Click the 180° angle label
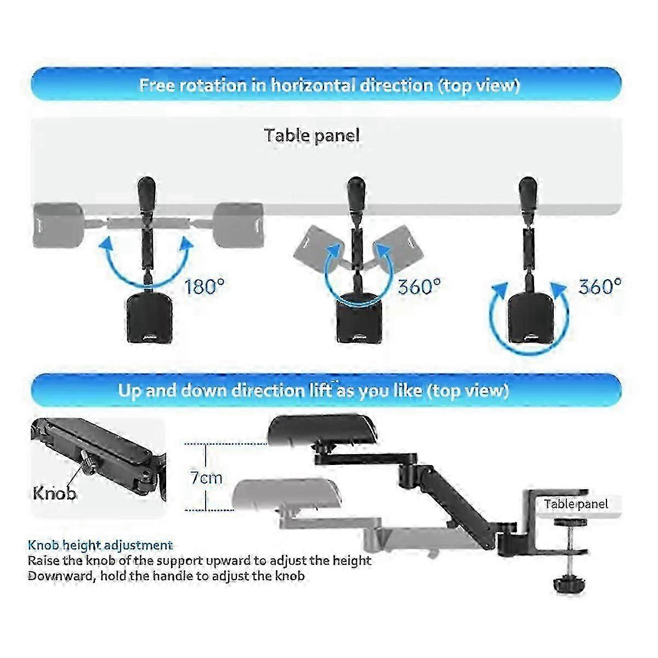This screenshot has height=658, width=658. point(204,286)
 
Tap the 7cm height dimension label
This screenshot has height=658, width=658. point(206,478)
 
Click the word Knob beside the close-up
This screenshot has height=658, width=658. point(54,493)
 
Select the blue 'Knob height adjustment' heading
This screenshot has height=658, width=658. point(100,545)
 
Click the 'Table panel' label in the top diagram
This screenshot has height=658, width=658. point(312,135)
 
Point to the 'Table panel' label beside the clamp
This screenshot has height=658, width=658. point(576,504)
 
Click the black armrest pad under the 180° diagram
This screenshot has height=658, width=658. point(149,317)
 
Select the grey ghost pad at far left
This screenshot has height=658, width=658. point(59,225)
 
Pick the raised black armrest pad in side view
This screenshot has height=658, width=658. point(322,429)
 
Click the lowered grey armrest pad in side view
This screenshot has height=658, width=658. point(286,495)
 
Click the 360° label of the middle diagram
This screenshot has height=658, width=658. point(419,286)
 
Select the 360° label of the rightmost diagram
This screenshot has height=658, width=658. point(600,286)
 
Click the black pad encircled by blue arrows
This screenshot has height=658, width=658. point(530,319)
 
